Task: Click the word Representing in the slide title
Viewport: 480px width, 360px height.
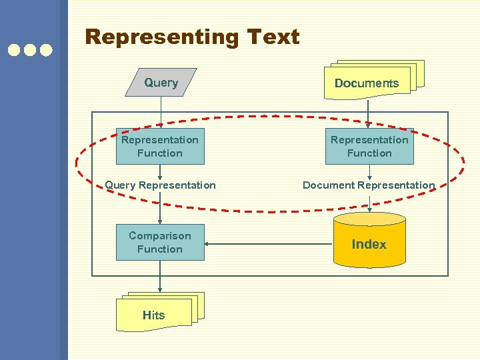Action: click(x=161, y=37)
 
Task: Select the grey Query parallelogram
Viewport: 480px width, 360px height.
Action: click(x=161, y=83)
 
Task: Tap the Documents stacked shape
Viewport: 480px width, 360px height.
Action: click(x=367, y=82)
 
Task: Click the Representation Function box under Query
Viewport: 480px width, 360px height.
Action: click(x=160, y=146)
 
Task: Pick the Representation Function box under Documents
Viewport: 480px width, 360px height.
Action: click(x=369, y=146)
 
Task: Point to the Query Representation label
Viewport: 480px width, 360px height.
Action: click(x=160, y=185)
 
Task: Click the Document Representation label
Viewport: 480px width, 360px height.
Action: click(x=369, y=185)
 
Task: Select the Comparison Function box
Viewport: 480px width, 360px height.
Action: click(x=160, y=242)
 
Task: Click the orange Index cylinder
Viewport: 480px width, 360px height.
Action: click(x=369, y=243)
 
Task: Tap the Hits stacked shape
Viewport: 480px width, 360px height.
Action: click(x=155, y=314)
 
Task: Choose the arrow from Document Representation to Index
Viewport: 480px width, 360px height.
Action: click(x=369, y=203)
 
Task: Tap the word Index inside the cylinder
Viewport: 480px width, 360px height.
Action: click(x=369, y=244)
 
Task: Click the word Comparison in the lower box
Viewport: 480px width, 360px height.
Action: click(x=160, y=235)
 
